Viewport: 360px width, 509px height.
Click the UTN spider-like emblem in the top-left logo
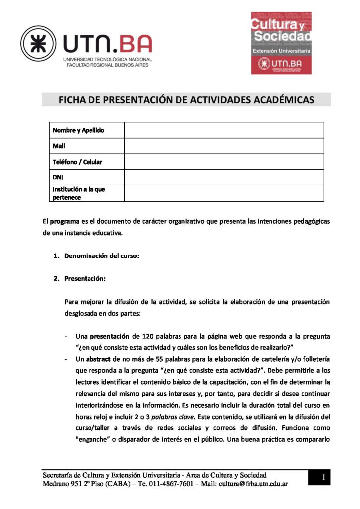click(x=38, y=43)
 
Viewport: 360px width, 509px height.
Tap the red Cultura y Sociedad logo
click(x=281, y=43)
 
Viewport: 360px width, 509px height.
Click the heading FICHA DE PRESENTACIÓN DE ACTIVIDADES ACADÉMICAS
click(x=186, y=100)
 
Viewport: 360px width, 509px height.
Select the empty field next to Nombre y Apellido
click(x=224, y=130)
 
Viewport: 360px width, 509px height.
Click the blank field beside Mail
click(x=224, y=146)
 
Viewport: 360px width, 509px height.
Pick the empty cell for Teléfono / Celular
click(x=224, y=162)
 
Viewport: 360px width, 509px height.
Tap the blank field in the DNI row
click(x=224, y=177)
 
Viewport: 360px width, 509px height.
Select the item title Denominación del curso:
click(x=101, y=256)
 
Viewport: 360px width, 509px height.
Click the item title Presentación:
click(x=85, y=279)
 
